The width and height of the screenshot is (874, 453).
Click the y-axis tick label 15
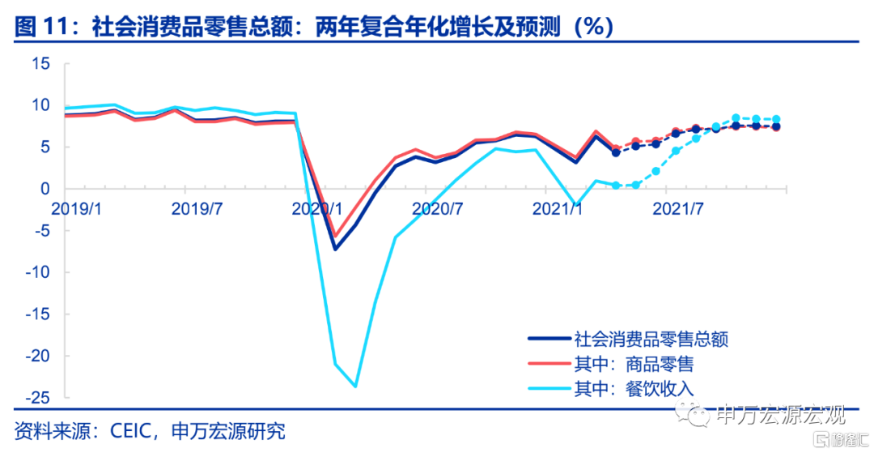coord(41,63)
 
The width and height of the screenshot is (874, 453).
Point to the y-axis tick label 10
coord(41,105)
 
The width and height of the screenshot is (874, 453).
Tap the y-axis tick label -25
coord(37,399)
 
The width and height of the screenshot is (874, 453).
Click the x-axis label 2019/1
coord(78,207)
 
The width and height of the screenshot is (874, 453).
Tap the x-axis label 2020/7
coord(437,207)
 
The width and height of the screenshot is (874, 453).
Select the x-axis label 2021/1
coord(557,207)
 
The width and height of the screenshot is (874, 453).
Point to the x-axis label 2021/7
coord(677,207)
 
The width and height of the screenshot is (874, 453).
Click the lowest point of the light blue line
coord(355,387)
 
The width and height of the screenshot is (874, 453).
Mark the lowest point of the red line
coord(335,237)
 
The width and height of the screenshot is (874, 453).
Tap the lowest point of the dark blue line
coord(335,249)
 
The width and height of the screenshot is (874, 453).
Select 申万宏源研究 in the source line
coord(229,430)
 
